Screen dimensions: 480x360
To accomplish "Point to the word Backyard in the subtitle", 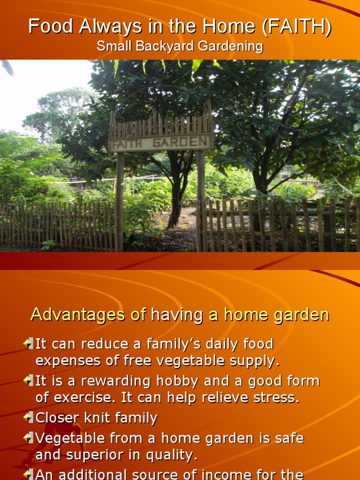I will coord(155,46).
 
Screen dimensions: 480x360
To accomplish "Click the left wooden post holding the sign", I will coord(120,202).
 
